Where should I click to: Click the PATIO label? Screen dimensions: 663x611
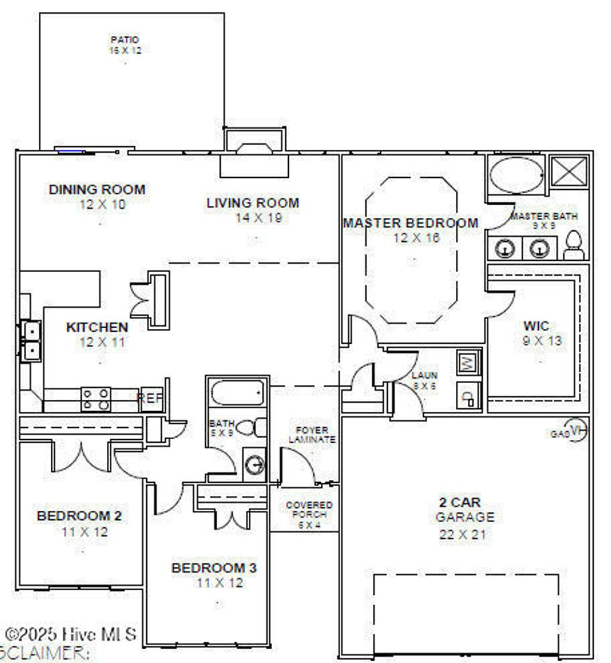point(125,40)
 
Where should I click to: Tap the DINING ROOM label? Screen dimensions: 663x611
point(97,190)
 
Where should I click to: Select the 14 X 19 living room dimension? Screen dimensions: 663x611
point(258,218)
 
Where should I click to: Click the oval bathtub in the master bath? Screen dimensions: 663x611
point(517,174)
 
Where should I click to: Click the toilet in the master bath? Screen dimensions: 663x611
point(573,245)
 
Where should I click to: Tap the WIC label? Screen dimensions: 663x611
point(536,326)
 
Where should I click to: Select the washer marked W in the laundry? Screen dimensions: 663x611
point(468,362)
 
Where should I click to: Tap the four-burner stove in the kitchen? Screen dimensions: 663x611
point(95,399)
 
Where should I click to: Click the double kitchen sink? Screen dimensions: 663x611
point(30,340)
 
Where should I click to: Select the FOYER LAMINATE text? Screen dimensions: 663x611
point(312,434)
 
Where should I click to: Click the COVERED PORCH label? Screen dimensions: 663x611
point(309,510)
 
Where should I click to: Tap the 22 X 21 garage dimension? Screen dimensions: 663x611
point(462,535)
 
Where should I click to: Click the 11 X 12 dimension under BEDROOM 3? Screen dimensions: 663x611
point(220,582)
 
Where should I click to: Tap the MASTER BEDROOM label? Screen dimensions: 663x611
point(411,223)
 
